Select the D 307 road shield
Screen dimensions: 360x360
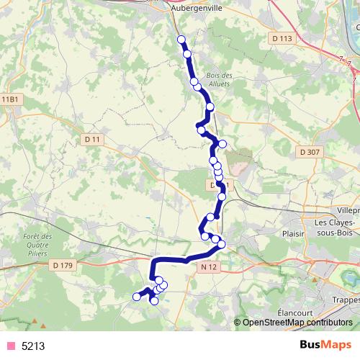[x=307, y=152]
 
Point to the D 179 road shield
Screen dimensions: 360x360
[x=63, y=265]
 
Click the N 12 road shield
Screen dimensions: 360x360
[x=209, y=267]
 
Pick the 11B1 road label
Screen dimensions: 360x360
[x=9, y=99]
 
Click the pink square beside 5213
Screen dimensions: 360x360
[x=11, y=346]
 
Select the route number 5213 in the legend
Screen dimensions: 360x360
[x=33, y=346]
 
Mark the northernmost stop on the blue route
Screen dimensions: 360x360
[x=181, y=40]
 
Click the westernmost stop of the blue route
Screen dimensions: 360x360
[x=136, y=296]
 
